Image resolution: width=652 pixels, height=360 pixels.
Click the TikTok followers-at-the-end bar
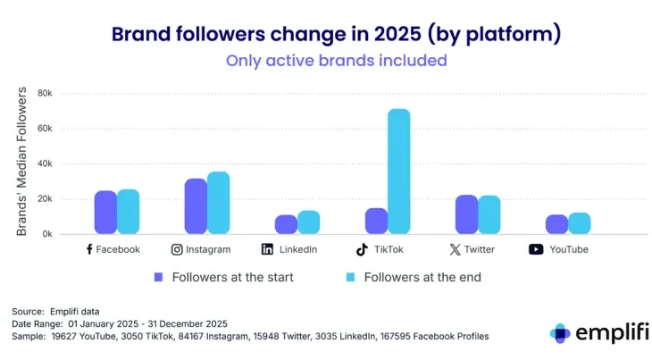tap(398, 172)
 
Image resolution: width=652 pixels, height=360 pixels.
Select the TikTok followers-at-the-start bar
tap(376, 221)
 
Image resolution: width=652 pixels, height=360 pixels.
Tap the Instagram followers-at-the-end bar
tap(218, 203)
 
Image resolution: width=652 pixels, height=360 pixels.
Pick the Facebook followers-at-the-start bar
tap(105, 213)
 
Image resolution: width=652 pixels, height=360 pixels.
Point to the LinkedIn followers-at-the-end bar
tap(308, 222)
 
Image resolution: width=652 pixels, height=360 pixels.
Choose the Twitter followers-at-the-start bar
tap(466, 214)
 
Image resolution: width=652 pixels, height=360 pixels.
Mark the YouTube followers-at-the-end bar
tap(580, 223)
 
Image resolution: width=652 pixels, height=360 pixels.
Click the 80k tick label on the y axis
tap(45, 93)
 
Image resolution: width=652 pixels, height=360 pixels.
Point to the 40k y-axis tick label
tap(45, 163)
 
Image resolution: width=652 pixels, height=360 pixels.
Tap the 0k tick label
tap(47, 234)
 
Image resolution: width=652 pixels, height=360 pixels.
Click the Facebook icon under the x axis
tap(89, 250)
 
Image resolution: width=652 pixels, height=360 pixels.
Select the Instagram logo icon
tap(177, 250)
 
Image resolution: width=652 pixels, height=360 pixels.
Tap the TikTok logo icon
tap(362, 250)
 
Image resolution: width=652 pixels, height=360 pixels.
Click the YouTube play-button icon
tap(536, 250)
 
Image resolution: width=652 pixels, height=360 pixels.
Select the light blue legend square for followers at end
tap(350, 277)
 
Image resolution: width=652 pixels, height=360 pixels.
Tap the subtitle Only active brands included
tap(336, 62)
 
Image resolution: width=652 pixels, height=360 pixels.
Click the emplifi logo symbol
tap(560, 333)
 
